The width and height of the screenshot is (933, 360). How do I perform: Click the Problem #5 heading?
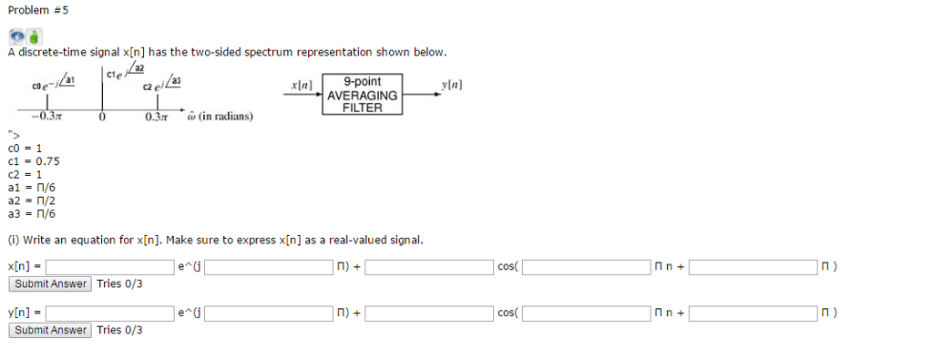click(x=37, y=10)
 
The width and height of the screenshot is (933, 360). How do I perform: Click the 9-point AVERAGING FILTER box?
click(x=363, y=95)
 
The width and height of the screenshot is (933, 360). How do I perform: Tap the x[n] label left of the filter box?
click(x=301, y=85)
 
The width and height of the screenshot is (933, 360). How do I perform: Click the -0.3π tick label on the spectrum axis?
click(x=45, y=118)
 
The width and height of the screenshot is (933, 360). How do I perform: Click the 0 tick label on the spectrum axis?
click(x=102, y=118)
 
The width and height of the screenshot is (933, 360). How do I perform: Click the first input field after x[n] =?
click(x=110, y=267)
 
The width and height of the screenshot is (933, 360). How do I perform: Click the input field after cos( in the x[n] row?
click(x=586, y=267)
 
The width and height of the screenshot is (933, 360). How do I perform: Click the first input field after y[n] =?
click(x=110, y=314)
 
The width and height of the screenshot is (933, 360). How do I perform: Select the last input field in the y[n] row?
click(x=754, y=314)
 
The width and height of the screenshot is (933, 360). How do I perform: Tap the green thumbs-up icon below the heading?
click(x=34, y=37)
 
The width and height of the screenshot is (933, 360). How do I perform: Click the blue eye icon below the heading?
click(x=17, y=37)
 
